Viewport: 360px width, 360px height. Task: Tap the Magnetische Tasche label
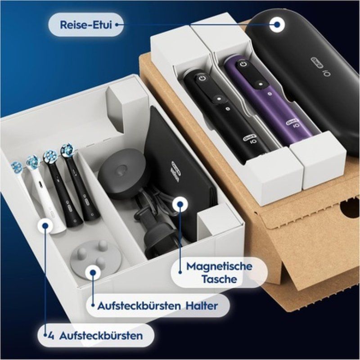[x=219, y=272]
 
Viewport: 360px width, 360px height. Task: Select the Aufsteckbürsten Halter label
[x=157, y=306]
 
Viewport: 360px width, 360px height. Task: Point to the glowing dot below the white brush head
[x=45, y=225]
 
